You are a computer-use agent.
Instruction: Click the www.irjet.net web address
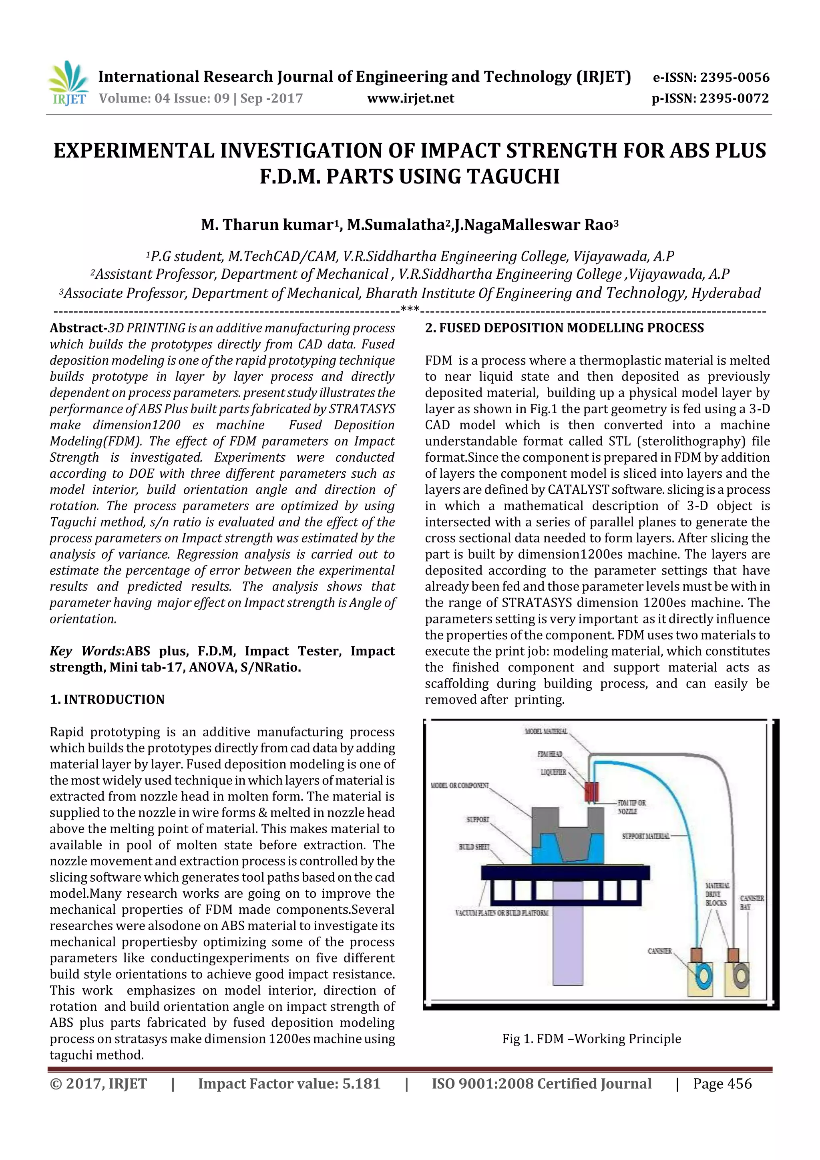410,99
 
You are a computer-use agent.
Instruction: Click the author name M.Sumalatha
395,225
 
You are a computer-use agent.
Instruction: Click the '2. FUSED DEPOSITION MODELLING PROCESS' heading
564,328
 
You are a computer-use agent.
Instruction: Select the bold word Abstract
77,328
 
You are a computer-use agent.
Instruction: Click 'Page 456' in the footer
722,1084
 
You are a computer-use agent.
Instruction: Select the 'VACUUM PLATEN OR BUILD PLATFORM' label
501,913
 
